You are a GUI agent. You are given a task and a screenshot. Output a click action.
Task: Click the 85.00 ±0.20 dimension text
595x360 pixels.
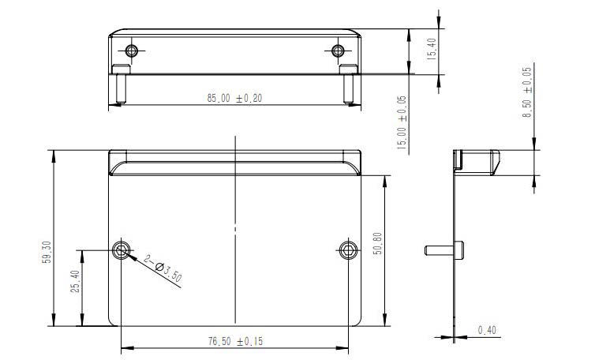click(234, 99)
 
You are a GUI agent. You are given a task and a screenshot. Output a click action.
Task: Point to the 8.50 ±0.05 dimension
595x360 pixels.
click(528, 93)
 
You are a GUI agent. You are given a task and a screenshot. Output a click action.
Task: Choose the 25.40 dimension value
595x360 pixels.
click(73, 282)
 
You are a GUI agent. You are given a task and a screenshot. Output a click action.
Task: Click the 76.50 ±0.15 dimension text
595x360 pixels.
click(234, 341)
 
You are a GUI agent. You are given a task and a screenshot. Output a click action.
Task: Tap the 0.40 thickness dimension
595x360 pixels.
click(488, 330)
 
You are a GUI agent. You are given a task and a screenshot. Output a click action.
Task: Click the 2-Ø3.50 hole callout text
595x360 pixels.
click(163, 269)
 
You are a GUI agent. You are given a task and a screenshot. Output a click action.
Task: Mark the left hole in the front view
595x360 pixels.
click(121, 250)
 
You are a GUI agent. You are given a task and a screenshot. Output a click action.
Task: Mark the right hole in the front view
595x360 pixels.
click(348, 250)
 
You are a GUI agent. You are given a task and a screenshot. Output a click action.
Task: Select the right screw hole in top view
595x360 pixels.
click(338, 51)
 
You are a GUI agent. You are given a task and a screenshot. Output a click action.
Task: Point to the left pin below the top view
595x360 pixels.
click(119, 87)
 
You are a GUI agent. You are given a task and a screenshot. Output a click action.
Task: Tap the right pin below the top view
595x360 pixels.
click(347, 87)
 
